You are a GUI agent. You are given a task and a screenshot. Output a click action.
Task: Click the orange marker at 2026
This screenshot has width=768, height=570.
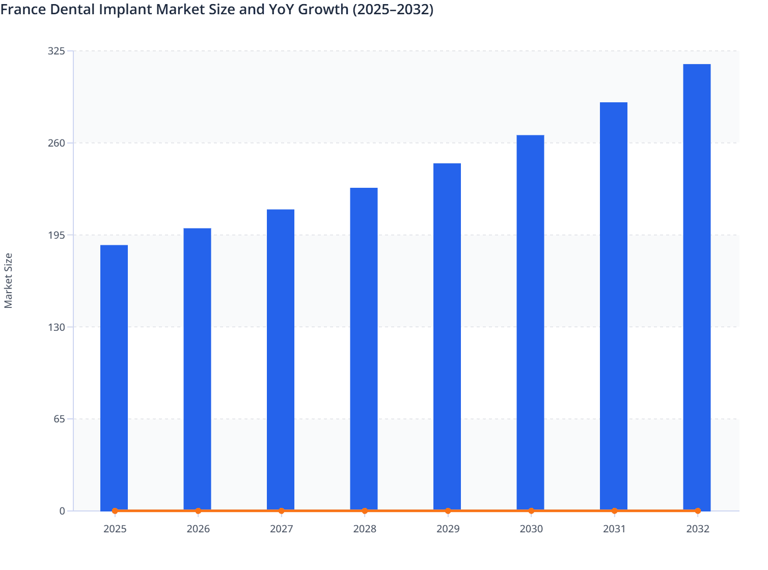click(x=198, y=510)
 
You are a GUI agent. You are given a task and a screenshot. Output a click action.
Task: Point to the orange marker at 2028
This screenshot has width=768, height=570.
click(x=365, y=510)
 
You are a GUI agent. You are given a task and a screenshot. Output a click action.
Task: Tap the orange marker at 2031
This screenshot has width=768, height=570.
click(x=614, y=510)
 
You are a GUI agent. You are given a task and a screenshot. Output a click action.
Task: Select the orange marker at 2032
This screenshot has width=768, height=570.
click(x=698, y=510)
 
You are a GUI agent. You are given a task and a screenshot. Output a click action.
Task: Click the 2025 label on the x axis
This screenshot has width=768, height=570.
click(x=115, y=529)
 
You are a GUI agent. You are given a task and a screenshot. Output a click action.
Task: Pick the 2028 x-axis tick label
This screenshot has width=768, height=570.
click(x=365, y=529)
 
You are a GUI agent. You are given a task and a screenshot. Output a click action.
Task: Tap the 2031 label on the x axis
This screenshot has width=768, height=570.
click(x=614, y=529)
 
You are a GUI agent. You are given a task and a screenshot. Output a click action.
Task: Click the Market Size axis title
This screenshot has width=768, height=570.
click(x=8, y=280)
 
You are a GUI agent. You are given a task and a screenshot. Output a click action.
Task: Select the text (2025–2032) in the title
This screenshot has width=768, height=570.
click(x=393, y=9)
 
